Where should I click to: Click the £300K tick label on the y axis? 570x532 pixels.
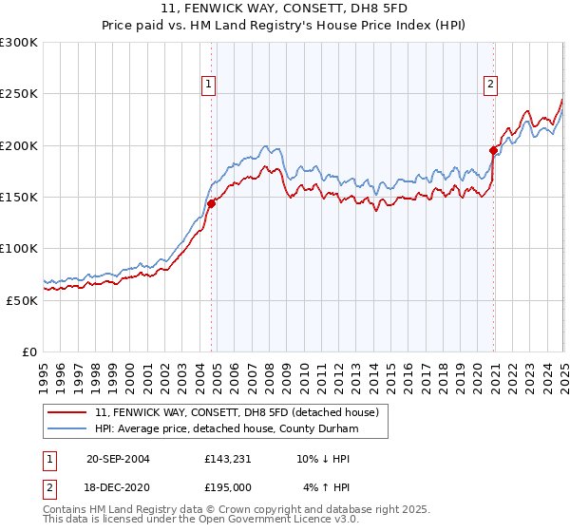[x=19, y=43]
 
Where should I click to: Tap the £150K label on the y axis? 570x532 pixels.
[x=19, y=198]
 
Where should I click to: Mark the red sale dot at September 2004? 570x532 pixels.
[x=211, y=203]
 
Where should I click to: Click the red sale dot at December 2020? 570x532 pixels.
[x=494, y=150]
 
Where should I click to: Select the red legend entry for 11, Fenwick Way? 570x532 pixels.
[x=237, y=412]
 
